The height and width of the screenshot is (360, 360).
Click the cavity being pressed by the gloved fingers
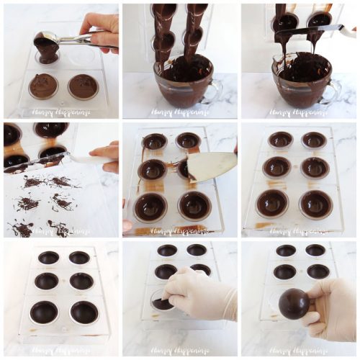tap(163, 302)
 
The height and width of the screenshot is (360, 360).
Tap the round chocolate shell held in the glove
tap(294, 304)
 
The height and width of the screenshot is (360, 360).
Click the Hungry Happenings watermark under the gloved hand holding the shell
tap(298, 351)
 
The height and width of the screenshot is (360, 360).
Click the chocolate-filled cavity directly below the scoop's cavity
tap(42, 86)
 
